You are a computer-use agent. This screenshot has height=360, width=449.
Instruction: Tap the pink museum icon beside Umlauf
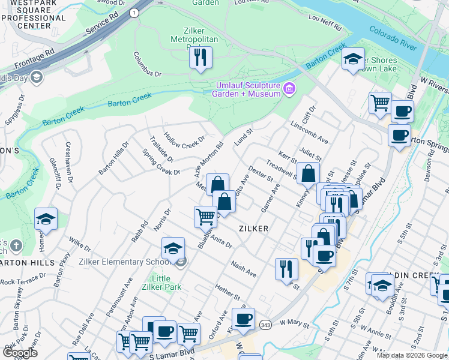(x=289, y=89)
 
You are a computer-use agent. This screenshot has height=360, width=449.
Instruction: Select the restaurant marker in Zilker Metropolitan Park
(x=200, y=58)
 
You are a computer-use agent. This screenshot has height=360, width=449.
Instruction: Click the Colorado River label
(x=393, y=37)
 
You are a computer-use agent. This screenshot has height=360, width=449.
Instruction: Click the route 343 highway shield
(x=265, y=325)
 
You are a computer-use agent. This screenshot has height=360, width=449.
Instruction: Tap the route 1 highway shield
(x=133, y=12)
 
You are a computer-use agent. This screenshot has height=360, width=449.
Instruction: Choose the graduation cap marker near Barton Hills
(x=46, y=219)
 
